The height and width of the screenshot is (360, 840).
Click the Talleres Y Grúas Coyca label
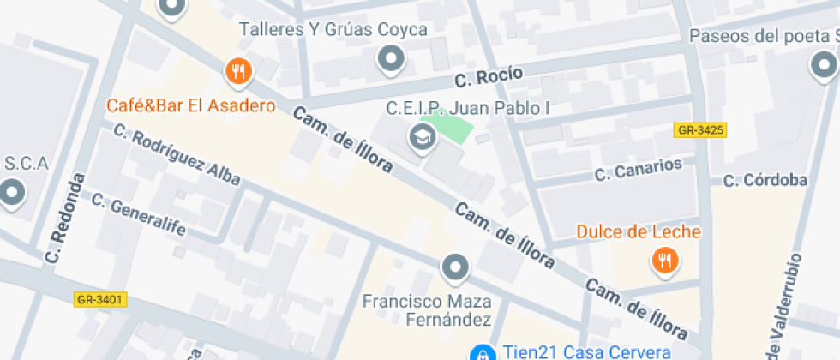click(333, 30)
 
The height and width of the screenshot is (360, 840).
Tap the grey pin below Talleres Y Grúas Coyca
click(392, 59)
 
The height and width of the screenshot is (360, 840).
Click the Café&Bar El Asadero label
click(191, 106)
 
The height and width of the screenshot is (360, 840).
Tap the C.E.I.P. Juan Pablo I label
click(467, 109)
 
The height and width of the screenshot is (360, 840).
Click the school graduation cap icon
click(421, 135)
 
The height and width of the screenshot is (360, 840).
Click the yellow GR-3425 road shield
click(700, 130)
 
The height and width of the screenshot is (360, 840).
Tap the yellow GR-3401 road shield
click(101, 300)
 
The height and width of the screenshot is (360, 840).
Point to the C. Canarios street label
click(639, 170)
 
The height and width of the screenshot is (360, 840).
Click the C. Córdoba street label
click(765, 180)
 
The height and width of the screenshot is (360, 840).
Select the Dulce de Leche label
click(639, 232)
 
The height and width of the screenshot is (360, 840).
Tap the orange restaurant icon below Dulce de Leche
click(663, 261)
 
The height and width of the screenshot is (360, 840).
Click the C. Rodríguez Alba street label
click(177, 156)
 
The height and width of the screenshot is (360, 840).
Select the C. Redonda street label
click(68, 219)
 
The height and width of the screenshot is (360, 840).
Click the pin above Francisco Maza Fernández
click(455, 268)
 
